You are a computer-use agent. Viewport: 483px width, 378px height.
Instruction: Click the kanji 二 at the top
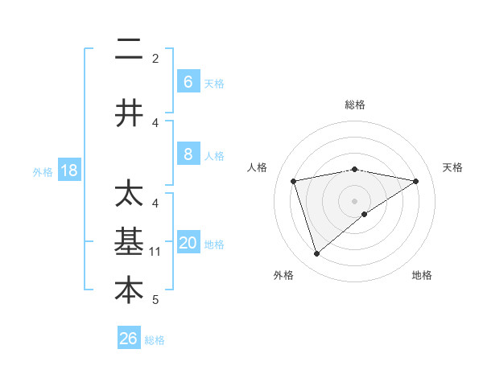[129, 51]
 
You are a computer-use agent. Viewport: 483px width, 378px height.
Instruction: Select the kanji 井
[129, 113]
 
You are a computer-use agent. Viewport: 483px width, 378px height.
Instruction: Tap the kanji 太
[129, 195]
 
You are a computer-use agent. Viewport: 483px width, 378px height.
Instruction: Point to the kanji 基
[129, 242]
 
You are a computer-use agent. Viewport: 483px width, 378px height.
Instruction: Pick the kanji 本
[129, 290]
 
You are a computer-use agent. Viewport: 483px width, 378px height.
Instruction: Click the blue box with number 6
[188, 81]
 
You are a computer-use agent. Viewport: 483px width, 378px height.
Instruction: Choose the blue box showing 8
[188, 154]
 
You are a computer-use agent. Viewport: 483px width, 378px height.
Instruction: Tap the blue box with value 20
[188, 244]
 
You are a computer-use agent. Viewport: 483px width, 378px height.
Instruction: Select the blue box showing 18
[69, 171]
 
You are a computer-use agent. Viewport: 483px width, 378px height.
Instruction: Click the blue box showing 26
[128, 339]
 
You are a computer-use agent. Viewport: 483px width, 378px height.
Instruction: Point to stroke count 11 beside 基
[155, 252]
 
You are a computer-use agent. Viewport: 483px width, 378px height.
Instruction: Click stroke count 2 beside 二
[155, 58]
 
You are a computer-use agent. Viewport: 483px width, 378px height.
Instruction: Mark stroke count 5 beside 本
[155, 300]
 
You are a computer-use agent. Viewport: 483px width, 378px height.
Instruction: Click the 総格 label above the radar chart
[355, 105]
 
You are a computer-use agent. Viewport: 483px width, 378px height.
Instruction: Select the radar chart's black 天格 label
[452, 167]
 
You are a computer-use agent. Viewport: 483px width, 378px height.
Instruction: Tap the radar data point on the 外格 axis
[316, 254]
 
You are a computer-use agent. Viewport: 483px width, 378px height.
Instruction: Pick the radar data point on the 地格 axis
[365, 213]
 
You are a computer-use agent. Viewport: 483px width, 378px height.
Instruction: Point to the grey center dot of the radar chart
[354, 200]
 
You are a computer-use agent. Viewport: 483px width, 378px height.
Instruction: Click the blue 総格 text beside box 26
[155, 340]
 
